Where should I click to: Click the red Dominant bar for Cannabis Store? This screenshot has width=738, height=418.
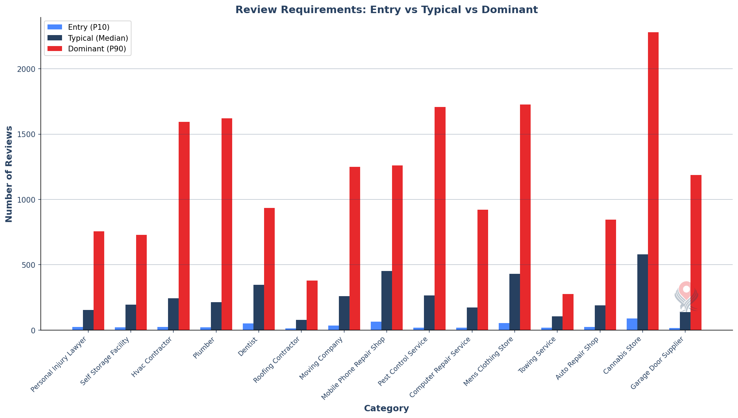653,181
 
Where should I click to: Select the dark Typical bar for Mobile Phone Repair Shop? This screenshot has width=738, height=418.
386,300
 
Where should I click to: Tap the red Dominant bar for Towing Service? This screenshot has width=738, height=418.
568,312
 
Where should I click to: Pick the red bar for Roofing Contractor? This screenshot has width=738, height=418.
312,305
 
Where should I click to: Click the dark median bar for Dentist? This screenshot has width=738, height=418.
258,307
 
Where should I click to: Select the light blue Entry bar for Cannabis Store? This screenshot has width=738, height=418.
632,324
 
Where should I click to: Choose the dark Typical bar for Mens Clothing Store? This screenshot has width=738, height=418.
514,302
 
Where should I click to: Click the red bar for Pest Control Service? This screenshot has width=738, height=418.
440,218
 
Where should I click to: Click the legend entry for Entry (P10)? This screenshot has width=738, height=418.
89,27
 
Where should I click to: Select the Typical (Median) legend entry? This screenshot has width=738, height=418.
98,38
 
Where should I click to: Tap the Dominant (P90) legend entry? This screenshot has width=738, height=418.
97,49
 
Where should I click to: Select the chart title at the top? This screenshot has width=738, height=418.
386,10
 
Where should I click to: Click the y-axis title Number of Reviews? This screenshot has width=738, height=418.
9,174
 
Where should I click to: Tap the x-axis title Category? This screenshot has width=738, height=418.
386,408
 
